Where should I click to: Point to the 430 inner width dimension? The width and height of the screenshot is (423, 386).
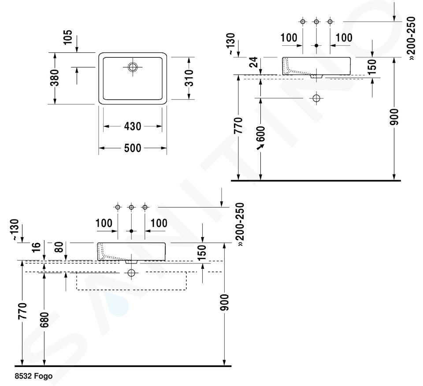click(x=133, y=127)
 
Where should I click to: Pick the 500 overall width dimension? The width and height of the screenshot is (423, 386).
click(x=133, y=148)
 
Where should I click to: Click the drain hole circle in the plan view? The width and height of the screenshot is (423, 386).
click(x=133, y=67)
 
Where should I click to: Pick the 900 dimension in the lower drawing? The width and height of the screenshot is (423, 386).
click(x=225, y=302)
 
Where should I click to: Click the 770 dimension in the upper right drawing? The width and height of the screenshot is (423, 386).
click(x=238, y=127)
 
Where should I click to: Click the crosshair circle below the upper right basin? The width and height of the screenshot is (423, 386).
click(x=316, y=98)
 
